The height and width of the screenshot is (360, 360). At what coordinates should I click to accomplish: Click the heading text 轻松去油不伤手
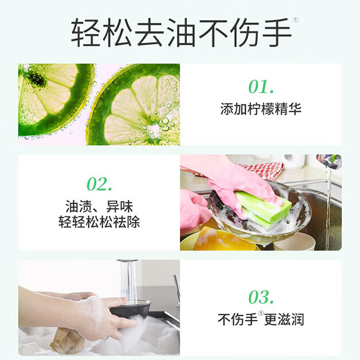181,33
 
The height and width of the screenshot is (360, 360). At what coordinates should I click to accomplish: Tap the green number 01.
261,87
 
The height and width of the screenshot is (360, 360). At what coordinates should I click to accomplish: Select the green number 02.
99,184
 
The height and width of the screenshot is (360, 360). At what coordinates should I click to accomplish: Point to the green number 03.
261,297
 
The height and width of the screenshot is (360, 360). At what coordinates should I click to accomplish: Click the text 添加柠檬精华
261,109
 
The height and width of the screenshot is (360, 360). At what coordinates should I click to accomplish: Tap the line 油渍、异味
99,206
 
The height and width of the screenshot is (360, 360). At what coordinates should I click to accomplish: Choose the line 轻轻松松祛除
99,222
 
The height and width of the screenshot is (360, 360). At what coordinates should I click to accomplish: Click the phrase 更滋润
284,319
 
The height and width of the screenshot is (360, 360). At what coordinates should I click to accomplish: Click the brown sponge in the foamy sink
67,341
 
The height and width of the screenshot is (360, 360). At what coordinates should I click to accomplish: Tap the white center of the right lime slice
156,130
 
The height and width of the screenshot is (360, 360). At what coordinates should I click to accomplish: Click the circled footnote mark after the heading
295,20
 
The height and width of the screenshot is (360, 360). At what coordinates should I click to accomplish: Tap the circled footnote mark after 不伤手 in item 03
261,314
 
